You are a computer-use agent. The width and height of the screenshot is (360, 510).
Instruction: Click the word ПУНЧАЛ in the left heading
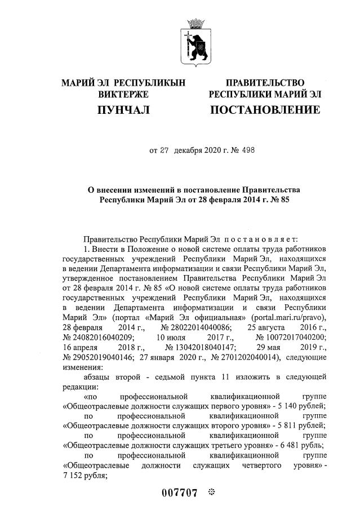point(123,109)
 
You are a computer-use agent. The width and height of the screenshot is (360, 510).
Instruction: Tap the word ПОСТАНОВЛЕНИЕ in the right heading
point(265,109)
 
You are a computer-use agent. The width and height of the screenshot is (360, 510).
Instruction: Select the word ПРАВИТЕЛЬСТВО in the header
point(265,83)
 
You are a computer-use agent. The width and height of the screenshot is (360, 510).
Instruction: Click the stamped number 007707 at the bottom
point(179,494)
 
